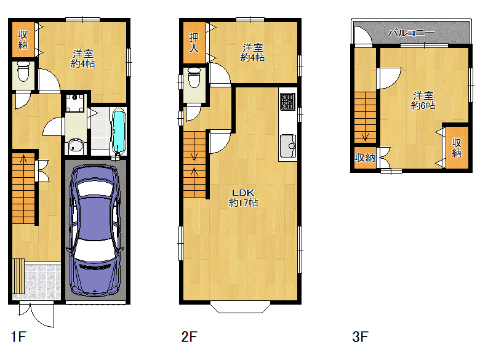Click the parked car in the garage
tap(95, 230)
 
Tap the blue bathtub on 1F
tap(119, 132)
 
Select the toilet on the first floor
tap(23, 71)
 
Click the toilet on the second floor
tap(194, 78)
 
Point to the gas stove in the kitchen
tap(288, 102)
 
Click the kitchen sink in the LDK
tap(288, 146)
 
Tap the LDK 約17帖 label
tap(243, 198)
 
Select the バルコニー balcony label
tap(411, 33)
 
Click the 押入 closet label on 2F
tap(194, 42)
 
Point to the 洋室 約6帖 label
tap(423, 100)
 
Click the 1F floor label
tap(18, 337)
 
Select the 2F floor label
tap(189, 337)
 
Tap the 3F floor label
tap(360, 337)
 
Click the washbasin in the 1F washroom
tap(75, 146)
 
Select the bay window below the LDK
tap(240, 308)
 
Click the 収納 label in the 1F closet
tap(23, 39)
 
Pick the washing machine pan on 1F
tap(74, 103)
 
